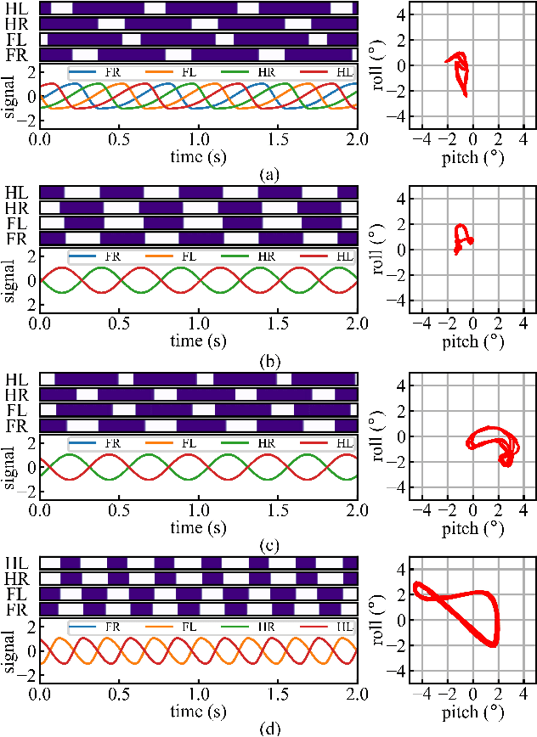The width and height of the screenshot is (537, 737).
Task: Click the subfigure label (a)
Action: click(268, 176)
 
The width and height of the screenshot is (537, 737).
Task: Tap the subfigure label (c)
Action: click(268, 545)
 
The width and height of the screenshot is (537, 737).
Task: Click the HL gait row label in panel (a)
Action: click(16, 8)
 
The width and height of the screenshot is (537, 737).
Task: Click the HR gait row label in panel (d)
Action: click(16, 577)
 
